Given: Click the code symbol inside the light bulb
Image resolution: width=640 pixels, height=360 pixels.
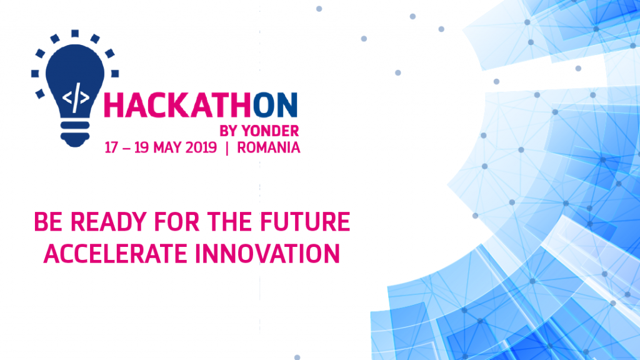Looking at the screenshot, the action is (76, 98).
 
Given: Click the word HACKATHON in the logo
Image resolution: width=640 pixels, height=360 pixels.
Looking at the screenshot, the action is (201, 106).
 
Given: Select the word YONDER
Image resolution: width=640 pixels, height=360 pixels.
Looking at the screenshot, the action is (270, 131).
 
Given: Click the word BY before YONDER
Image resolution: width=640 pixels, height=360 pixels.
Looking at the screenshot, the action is (229, 131).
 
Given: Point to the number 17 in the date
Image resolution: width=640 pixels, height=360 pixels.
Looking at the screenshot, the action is (111, 147).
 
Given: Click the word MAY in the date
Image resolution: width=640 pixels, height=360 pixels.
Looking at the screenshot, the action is (167, 147).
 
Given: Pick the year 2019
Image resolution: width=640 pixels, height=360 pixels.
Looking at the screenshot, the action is (201, 147).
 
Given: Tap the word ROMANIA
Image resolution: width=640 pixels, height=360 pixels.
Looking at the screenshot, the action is (269, 147).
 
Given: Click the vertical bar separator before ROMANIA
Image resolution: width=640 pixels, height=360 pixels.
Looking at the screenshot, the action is (227, 147).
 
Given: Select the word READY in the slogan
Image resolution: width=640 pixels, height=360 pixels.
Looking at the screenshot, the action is (108, 222).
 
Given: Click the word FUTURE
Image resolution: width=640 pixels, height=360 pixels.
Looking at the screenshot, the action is (305, 222).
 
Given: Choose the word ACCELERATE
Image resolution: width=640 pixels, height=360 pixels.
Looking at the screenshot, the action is (115, 254).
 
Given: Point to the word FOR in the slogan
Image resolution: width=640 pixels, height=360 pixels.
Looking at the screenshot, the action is (176, 222).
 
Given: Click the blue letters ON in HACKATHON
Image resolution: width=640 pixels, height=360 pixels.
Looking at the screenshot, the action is (275, 106).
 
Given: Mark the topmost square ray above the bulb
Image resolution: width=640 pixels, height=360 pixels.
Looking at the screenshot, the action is (75, 34).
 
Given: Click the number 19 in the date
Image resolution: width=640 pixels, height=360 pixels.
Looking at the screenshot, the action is (141, 147).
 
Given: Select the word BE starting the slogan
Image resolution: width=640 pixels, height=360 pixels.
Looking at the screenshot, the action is (48, 222).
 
